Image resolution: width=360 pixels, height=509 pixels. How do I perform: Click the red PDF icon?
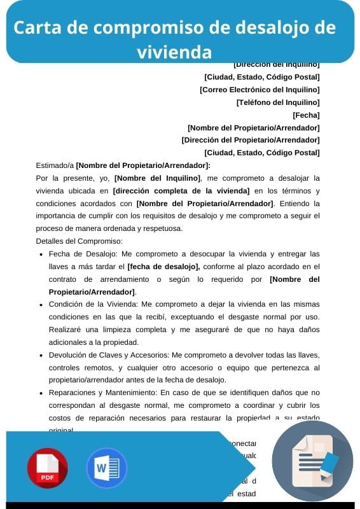(47, 468)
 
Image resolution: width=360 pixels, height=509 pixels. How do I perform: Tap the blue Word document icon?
(106, 468)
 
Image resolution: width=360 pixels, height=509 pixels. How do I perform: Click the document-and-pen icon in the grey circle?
(312, 460)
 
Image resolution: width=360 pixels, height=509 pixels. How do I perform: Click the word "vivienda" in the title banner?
(174, 51)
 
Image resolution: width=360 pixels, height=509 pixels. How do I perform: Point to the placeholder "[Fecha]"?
(306, 115)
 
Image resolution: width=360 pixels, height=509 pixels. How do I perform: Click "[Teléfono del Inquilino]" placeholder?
(278, 102)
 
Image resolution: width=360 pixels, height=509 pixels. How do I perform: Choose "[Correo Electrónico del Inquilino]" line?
(260, 90)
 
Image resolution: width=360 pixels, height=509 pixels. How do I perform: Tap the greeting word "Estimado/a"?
(55, 165)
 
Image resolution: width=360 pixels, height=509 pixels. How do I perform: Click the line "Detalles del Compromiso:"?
(80, 241)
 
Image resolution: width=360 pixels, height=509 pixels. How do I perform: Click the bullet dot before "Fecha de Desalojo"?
(41, 254)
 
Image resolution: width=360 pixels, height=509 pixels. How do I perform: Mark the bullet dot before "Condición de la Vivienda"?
(41, 304)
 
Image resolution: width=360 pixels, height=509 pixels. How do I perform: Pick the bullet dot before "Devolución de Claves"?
(41, 355)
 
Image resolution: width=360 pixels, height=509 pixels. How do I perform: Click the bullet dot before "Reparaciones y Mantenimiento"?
(41, 393)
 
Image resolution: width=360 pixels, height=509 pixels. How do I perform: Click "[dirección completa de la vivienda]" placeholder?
(181, 191)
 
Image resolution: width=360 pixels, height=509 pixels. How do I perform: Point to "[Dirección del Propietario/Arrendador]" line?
(251, 140)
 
